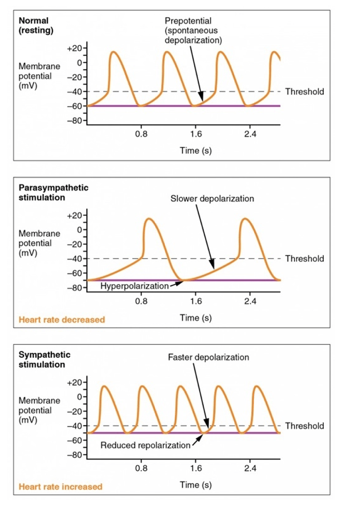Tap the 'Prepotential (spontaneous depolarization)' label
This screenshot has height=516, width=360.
(193, 31)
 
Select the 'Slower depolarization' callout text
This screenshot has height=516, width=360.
(212, 198)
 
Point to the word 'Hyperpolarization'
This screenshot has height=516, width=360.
(134, 286)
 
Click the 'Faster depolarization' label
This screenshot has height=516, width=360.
(208, 357)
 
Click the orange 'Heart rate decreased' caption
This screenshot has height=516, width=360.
(61, 320)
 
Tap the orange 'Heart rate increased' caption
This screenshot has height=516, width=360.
(61, 486)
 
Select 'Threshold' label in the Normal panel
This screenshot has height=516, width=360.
(304, 91)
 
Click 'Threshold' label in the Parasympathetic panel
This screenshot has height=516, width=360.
(304, 259)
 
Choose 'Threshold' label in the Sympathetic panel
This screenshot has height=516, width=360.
(304, 426)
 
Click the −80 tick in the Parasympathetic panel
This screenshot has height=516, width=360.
(75, 288)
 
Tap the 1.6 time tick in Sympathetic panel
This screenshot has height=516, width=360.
(196, 469)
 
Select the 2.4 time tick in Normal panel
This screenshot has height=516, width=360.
(250, 134)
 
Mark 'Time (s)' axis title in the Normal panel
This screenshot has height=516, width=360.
(196, 150)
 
